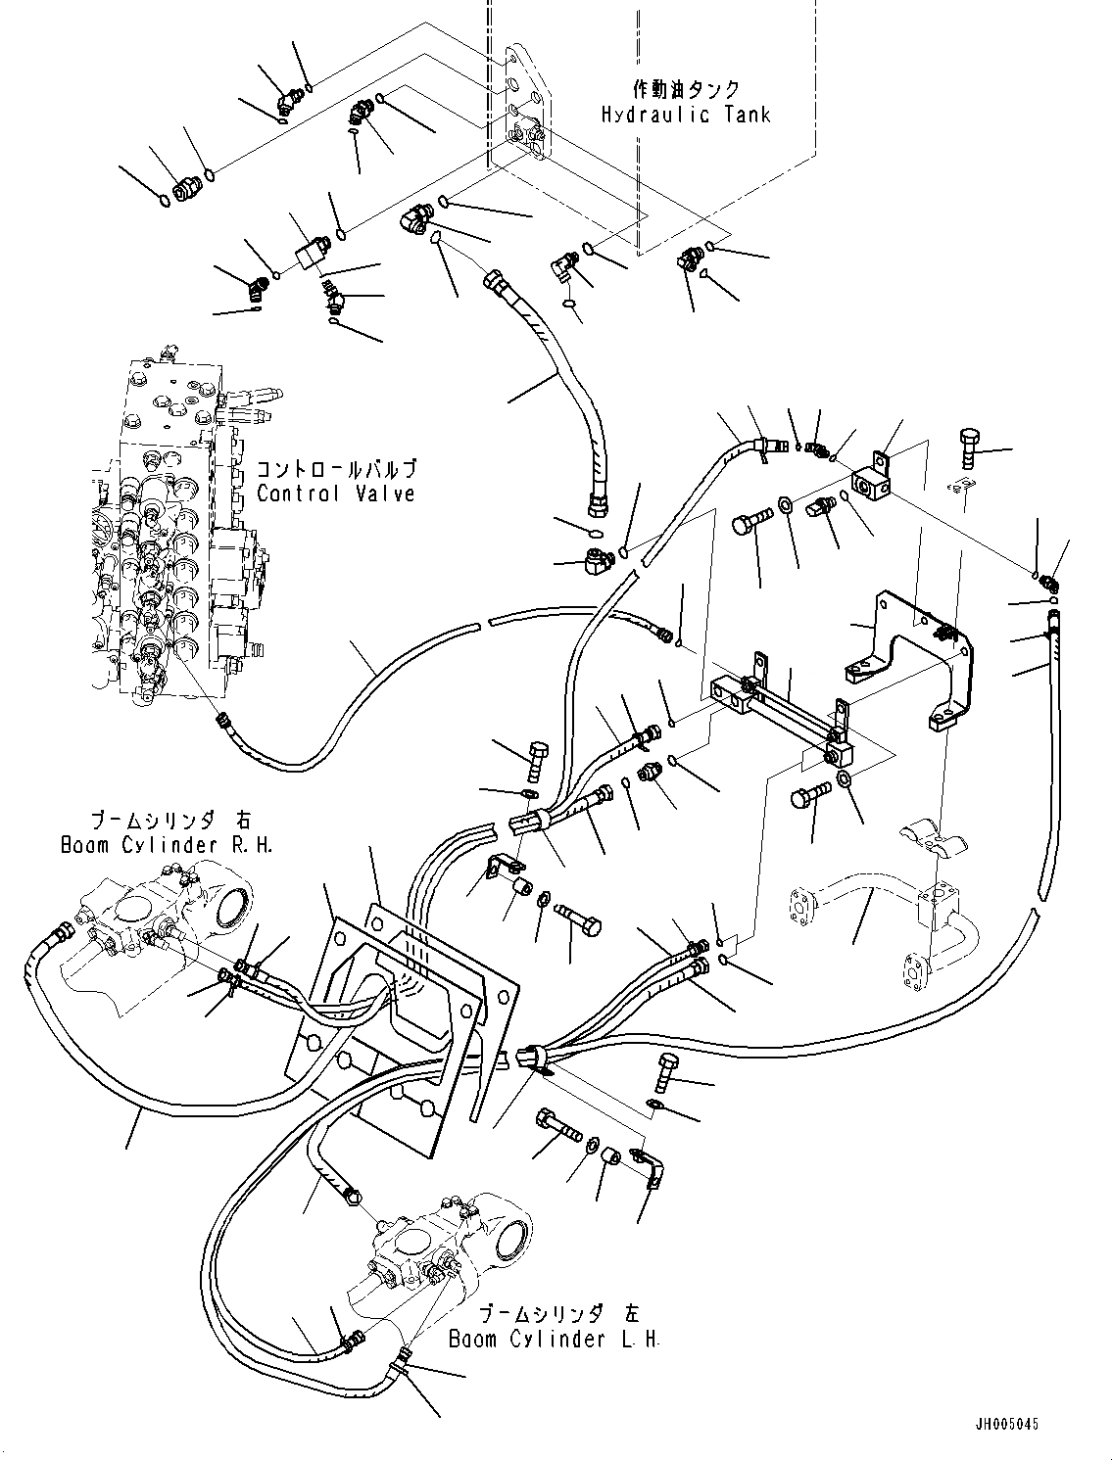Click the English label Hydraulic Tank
[x=686, y=115]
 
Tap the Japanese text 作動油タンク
[x=686, y=89]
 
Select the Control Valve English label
[x=336, y=494]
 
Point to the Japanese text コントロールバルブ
[x=336, y=468]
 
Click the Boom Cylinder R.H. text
[x=166, y=844]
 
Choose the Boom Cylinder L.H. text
[x=555, y=1339]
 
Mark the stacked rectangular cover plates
[x=411, y=1009]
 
